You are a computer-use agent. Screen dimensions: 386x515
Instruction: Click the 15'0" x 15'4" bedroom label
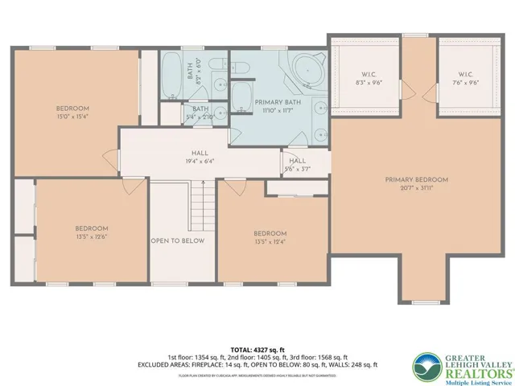[x=72, y=113]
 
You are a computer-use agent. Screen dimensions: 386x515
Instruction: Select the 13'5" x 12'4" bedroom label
[x=270, y=238]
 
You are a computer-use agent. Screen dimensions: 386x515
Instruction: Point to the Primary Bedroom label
[x=416, y=184]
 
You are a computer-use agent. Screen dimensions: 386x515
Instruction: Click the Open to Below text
[x=177, y=240]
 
